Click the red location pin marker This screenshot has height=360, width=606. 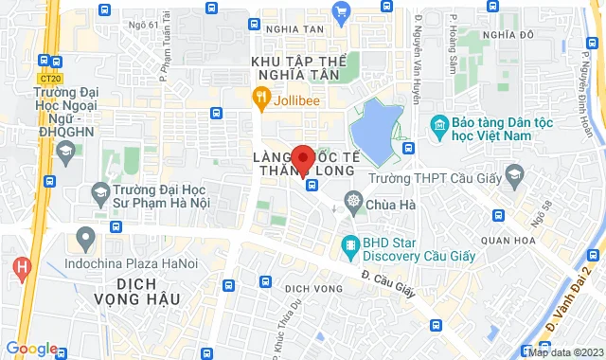[303, 158]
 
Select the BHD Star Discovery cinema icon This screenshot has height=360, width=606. [351, 246]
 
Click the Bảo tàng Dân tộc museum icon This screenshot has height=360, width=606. [438, 125]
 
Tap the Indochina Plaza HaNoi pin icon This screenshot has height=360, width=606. [86, 236]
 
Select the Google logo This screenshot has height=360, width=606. [31, 348]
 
